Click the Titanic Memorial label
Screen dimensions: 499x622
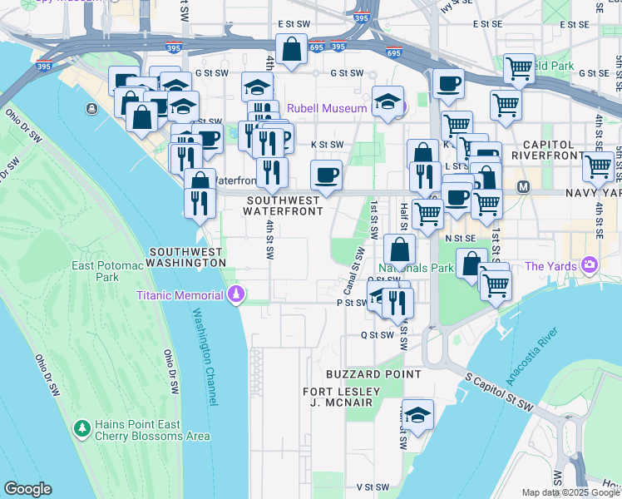[180, 295]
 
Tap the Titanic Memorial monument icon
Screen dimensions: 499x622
[236, 295]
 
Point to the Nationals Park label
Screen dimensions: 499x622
[416, 269]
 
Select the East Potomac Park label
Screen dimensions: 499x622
[103, 272]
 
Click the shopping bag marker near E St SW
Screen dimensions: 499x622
[292, 49]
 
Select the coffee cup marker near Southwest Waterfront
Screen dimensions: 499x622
[326, 175]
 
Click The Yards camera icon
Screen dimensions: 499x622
[590, 266]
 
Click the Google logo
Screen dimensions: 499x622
[27, 490]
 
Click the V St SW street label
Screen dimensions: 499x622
[373, 487]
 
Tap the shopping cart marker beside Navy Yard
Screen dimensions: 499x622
[598, 166]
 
